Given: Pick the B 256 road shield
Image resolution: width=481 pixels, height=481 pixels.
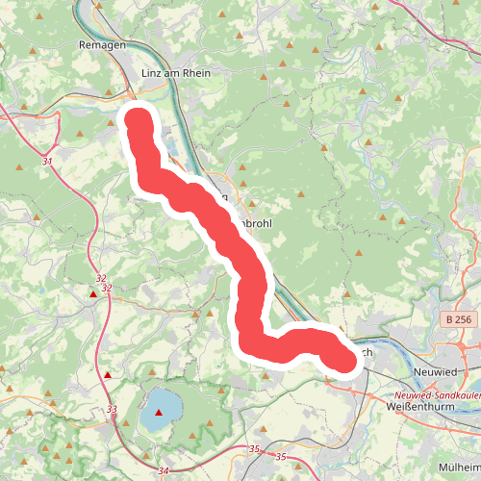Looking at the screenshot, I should tap(461, 318).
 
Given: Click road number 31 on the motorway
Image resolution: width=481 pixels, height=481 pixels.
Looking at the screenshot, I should tap(48, 162).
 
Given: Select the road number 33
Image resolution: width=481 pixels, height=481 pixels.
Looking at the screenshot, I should tap(113, 410).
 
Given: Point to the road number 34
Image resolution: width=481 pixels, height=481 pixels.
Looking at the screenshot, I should tap(160, 469).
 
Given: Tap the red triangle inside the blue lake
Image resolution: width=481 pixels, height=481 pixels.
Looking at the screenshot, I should tap(159, 412).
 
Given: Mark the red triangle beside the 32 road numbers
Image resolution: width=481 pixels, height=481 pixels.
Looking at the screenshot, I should tap(93, 294).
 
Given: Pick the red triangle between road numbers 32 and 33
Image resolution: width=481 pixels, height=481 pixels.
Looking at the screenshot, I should tap(108, 375).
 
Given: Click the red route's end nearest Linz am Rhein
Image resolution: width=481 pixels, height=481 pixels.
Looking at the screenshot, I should tap(139, 120).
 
